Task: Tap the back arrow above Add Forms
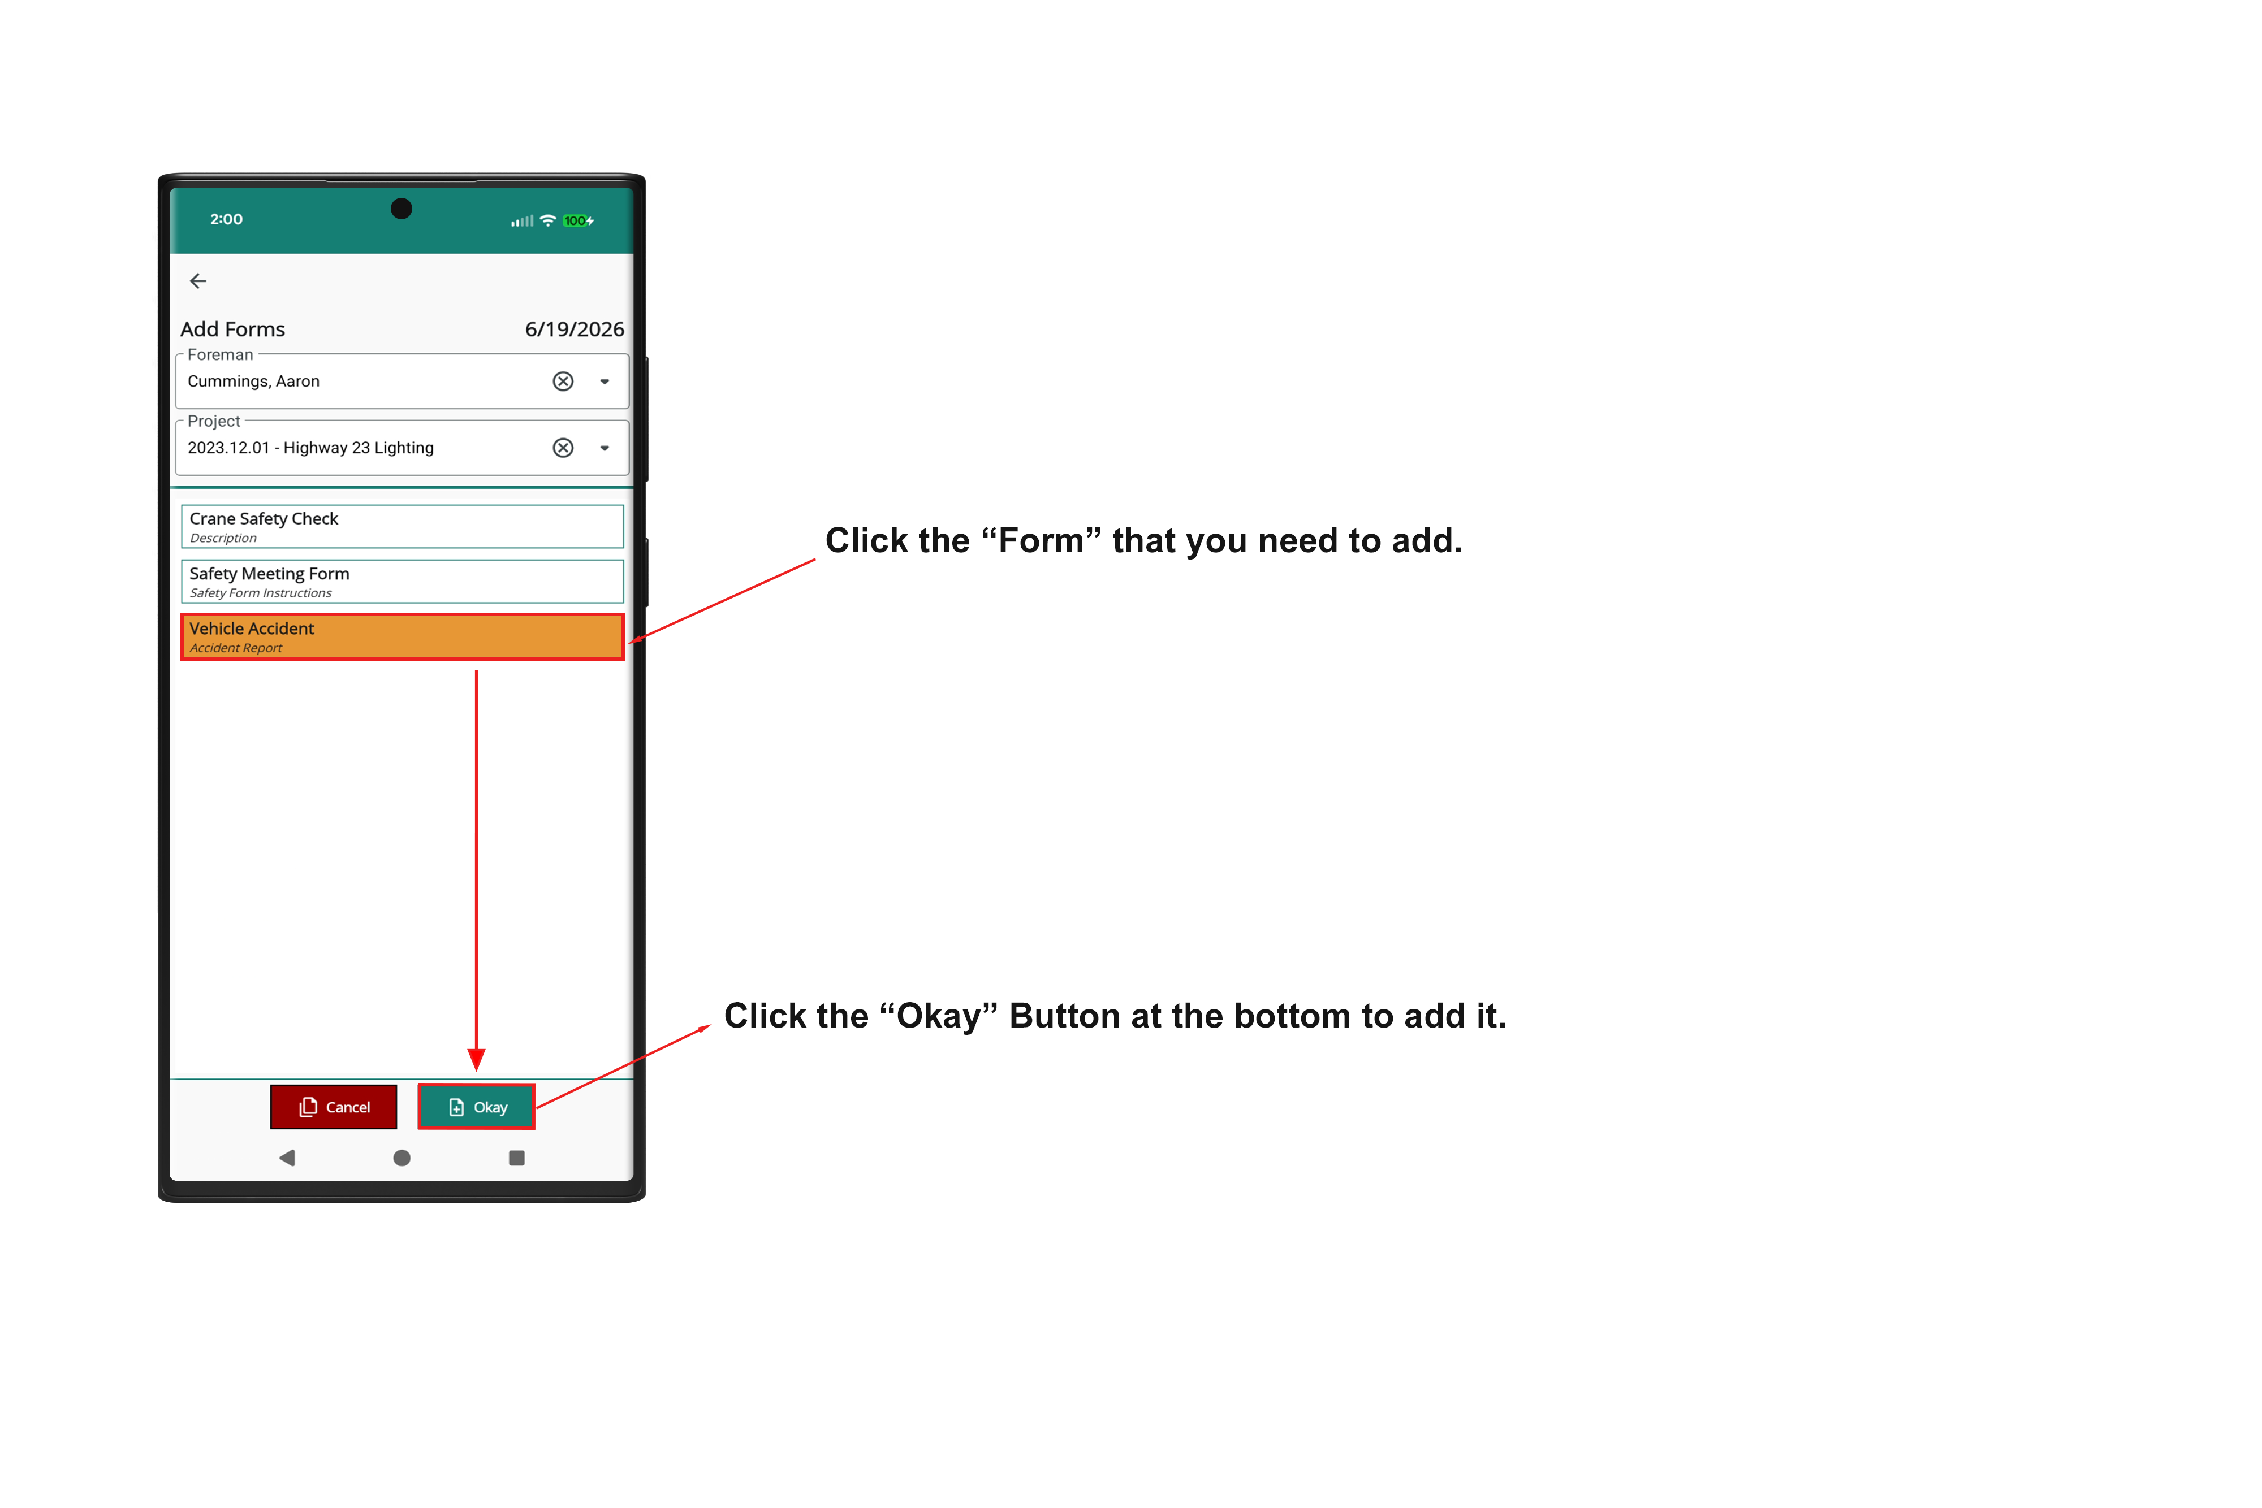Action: (198, 281)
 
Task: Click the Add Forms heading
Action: (233, 329)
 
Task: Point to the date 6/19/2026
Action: (575, 329)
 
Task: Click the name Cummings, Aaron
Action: (253, 381)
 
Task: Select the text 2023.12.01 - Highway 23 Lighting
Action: (311, 447)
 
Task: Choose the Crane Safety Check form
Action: (402, 526)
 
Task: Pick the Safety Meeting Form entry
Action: (402, 581)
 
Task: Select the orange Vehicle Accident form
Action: (402, 636)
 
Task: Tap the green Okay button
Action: (476, 1107)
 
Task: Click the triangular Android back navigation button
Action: (287, 1158)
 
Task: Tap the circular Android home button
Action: (402, 1158)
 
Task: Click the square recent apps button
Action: (517, 1158)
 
